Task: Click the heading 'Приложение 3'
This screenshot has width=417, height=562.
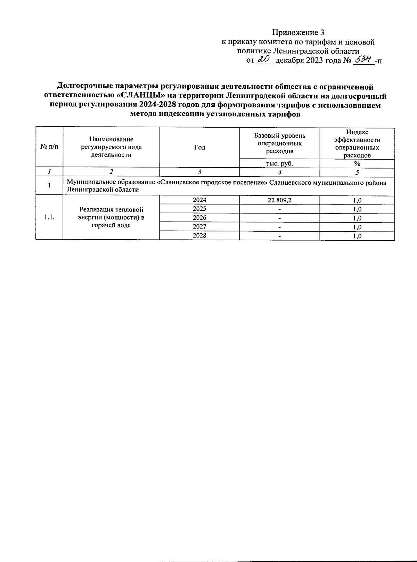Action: click(x=298, y=33)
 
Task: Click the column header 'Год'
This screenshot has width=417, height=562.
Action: click(x=199, y=147)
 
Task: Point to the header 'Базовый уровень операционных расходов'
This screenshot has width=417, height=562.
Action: click(x=279, y=143)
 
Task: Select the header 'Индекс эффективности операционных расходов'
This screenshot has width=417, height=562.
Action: click(x=357, y=144)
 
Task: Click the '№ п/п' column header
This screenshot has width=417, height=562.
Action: click(x=49, y=147)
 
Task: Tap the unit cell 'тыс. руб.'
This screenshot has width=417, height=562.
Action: click(x=279, y=163)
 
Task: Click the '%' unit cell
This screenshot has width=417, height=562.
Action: click(x=357, y=164)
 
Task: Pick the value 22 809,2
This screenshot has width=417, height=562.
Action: click(x=279, y=200)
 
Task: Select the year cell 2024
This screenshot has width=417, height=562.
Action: click(x=199, y=200)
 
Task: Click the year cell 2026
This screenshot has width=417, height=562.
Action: click(x=199, y=218)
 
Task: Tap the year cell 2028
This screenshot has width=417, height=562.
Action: click(x=199, y=235)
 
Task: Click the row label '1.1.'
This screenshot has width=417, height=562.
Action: click(x=49, y=217)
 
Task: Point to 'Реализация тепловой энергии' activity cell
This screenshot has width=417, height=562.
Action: click(x=111, y=217)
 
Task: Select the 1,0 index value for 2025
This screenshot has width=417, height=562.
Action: click(x=357, y=209)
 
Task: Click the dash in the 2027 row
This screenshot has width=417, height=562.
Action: click(x=279, y=227)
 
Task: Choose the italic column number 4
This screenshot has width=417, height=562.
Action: click(x=279, y=172)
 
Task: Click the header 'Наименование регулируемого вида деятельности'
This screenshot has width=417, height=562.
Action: click(x=111, y=147)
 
